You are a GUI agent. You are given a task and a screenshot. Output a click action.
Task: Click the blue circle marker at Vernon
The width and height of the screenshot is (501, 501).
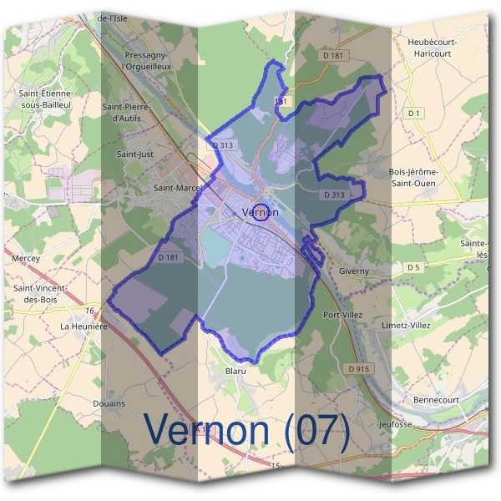click(261, 212)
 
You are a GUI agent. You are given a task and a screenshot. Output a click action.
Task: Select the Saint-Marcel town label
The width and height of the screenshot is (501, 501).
click(178, 189)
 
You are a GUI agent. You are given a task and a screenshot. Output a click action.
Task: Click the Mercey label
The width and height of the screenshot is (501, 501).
click(26, 259)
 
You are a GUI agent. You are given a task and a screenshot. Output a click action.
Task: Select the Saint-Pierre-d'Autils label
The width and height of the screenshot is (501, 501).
click(127, 113)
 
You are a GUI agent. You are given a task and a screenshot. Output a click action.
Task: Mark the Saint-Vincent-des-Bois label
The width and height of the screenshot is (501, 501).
click(40, 293)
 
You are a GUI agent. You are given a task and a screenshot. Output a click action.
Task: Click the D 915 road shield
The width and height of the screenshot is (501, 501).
click(358, 367)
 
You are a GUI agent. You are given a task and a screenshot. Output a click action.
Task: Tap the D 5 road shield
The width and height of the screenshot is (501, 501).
click(412, 267)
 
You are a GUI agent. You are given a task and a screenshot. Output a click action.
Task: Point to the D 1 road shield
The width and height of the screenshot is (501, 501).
click(412, 113)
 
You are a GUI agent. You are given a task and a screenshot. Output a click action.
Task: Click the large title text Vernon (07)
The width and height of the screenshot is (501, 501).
click(247, 430)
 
